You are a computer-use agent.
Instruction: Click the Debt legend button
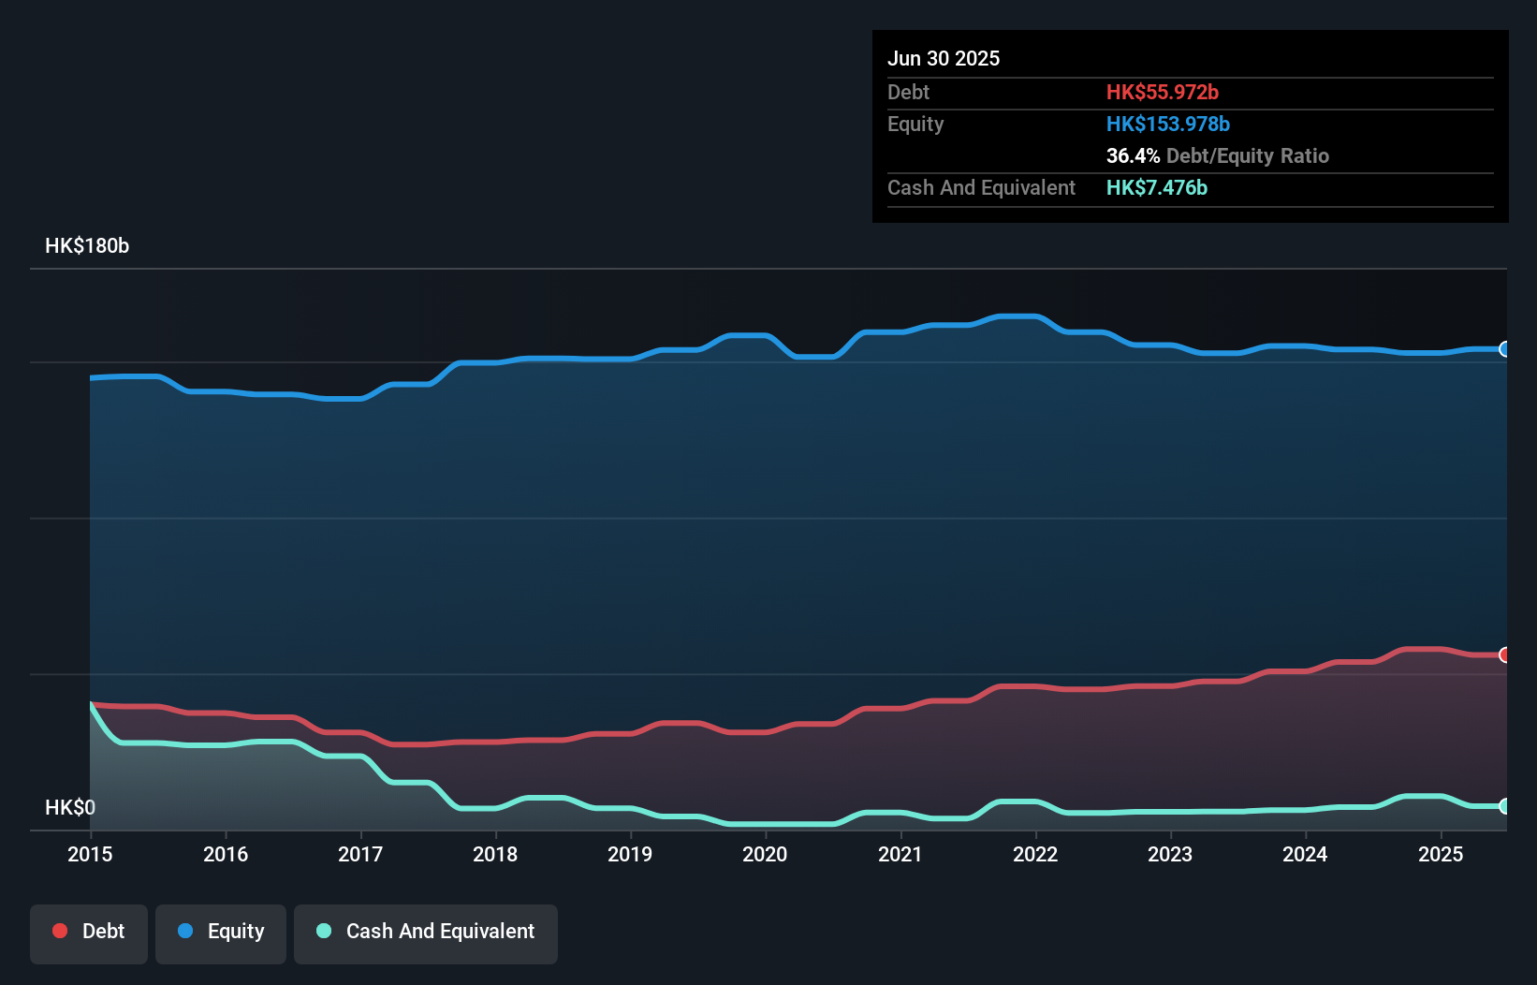tap(89, 933)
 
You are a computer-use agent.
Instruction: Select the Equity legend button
tap(221, 933)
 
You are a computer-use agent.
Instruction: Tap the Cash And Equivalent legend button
tap(426, 933)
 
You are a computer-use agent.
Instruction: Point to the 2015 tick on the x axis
tap(91, 854)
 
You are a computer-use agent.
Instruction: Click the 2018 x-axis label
tap(495, 854)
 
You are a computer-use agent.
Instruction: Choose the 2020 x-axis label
tap(765, 854)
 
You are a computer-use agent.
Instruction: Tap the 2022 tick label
tap(1035, 854)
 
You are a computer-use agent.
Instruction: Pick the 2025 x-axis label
tap(1441, 854)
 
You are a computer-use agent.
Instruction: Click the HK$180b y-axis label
tap(87, 246)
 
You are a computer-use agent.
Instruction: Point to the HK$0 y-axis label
tap(70, 807)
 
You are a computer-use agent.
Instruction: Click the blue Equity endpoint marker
tap(1504, 349)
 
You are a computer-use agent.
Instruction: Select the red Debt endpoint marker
tap(1504, 654)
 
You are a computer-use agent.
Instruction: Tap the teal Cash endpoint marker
tap(1504, 806)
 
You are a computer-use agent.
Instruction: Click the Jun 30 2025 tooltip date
tap(944, 59)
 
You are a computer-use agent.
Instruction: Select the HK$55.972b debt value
tap(1163, 93)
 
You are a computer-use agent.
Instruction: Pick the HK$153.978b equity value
tap(1168, 125)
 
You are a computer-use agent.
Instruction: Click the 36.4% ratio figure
tap(1133, 156)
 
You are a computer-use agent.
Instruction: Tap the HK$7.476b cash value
tap(1157, 188)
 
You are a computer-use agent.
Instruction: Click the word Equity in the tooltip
tap(915, 125)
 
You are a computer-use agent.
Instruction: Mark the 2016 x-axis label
tap(226, 854)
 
